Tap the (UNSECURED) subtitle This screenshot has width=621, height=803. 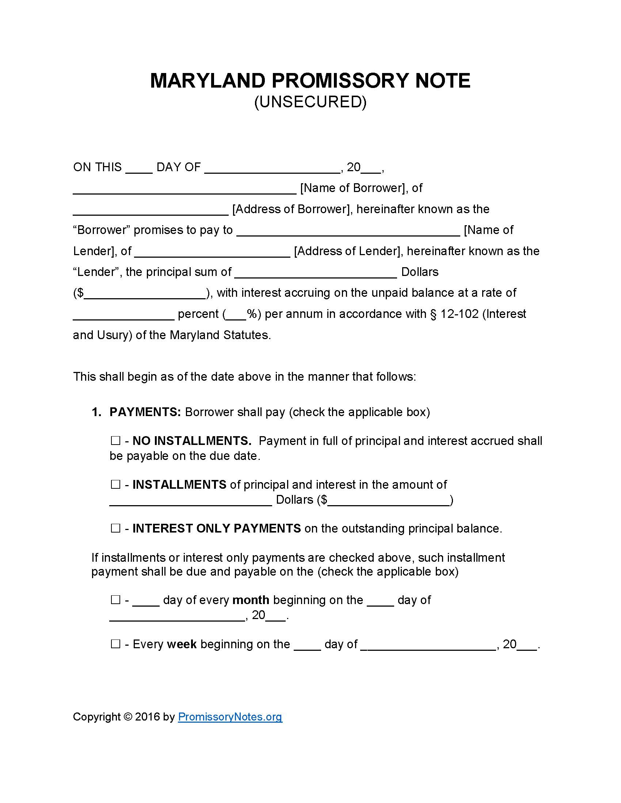[310, 102]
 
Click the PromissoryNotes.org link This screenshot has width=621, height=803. [230, 716]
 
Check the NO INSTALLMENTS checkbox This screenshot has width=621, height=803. [115, 441]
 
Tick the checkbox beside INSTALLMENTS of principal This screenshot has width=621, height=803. [115, 484]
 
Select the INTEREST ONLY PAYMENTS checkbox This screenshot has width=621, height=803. [115, 528]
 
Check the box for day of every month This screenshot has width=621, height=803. [115, 600]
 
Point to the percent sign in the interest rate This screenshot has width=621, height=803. [252, 314]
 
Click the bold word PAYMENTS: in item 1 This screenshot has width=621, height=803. [145, 412]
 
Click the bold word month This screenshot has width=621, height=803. [251, 600]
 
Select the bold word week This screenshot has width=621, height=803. [182, 644]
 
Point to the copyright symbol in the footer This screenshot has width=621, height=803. [128, 716]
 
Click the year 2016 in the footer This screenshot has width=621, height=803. [147, 716]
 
